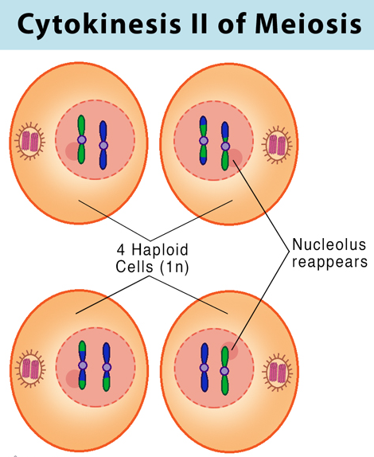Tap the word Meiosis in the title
(x=308, y=23)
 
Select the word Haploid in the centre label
(x=160, y=250)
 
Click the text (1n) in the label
(x=174, y=267)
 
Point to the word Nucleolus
(x=329, y=244)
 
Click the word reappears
(x=329, y=262)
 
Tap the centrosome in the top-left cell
(x=30, y=142)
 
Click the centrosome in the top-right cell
(x=277, y=145)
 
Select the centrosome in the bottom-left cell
(x=30, y=369)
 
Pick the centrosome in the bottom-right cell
(x=277, y=372)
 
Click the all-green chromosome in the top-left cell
(x=81, y=139)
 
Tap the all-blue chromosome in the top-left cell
(x=103, y=145)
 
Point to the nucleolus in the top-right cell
(x=235, y=158)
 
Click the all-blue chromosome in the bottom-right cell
(x=205, y=367)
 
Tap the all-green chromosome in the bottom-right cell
(x=224, y=371)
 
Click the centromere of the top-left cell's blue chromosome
(x=103, y=145)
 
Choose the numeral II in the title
(x=199, y=23)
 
